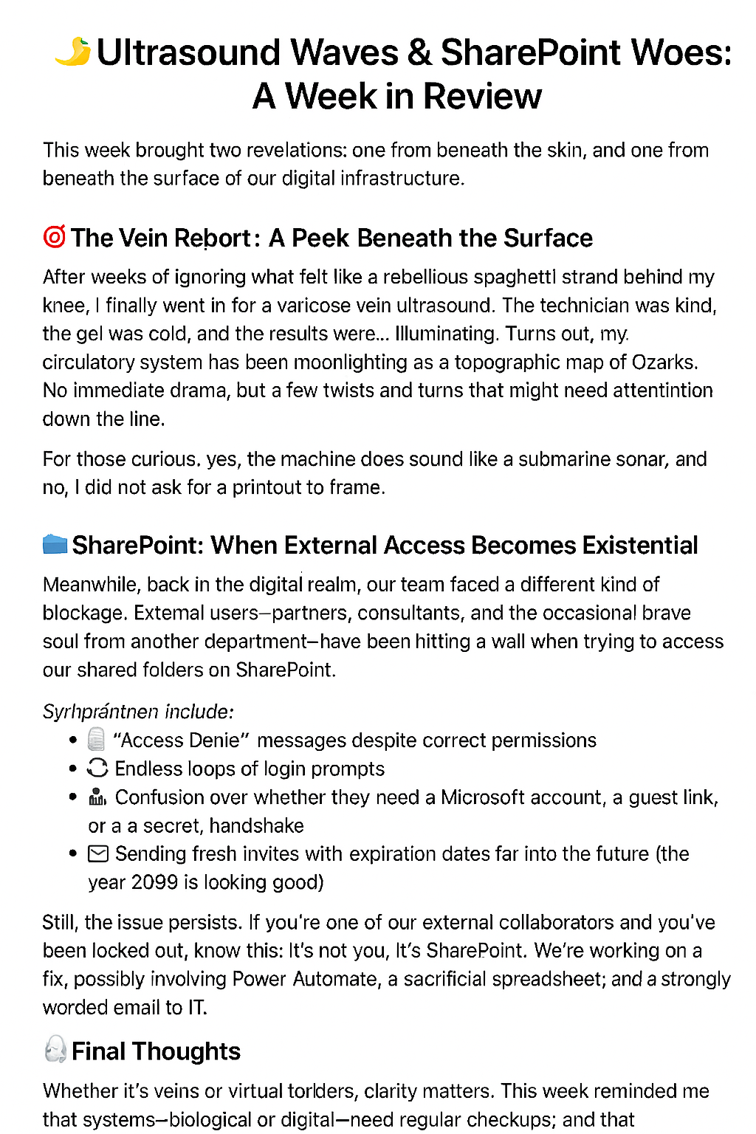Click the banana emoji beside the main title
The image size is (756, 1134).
pyautogui.click(x=73, y=52)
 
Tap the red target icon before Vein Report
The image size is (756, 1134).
pyautogui.click(x=55, y=237)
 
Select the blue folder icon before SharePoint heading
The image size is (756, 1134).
pyautogui.click(x=55, y=545)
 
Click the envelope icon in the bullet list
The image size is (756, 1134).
pyautogui.click(x=98, y=854)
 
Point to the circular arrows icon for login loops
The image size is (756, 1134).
pyautogui.click(x=97, y=768)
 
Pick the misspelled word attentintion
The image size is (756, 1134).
pyautogui.click(x=642, y=391)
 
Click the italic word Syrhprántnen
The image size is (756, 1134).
pyautogui.click(x=100, y=712)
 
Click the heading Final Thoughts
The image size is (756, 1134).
pyautogui.click(x=156, y=1051)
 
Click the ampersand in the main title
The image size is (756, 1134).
pyautogui.click(x=419, y=52)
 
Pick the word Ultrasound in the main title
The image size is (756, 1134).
pyautogui.click(x=189, y=52)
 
